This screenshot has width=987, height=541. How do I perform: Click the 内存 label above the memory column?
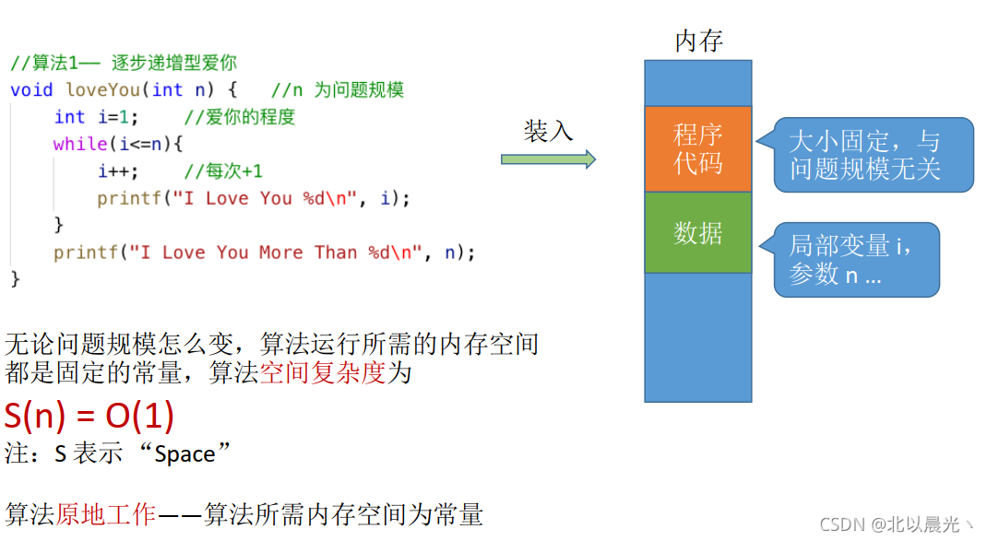(698, 41)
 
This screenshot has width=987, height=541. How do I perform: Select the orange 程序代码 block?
(698, 148)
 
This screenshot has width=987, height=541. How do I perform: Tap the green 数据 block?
(698, 232)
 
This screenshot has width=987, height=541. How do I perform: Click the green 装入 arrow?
(548, 159)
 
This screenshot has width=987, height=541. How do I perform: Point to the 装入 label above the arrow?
(548, 131)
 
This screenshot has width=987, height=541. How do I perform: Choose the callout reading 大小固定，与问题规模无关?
(872, 155)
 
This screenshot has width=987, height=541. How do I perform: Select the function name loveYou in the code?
(102, 89)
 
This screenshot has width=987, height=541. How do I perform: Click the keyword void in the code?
(32, 89)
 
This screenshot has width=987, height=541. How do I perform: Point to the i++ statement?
(118, 171)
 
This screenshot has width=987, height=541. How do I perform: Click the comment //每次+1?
(223, 171)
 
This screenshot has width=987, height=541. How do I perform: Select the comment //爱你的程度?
(239, 117)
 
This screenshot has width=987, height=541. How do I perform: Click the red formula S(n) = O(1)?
(89, 417)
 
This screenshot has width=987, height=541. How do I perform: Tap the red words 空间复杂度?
(322, 373)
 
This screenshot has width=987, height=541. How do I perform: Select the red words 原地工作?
(105, 514)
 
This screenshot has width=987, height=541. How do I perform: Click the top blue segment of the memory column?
(698, 83)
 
